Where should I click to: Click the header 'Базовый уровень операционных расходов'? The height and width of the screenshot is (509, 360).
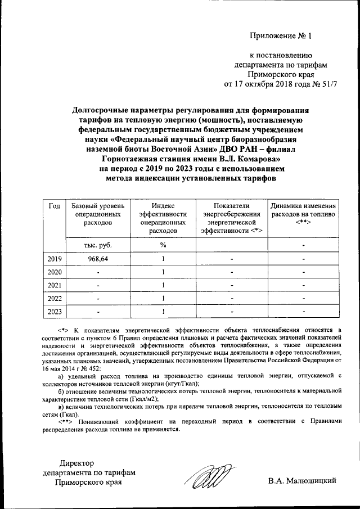tap(97, 214)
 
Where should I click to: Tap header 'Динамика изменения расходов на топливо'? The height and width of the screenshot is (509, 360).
tap(303, 214)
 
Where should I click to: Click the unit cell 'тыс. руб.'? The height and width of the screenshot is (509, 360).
tap(97, 245)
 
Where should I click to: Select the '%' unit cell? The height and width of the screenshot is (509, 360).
tap(163, 245)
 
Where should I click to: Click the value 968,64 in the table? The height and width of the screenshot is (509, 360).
tap(97, 259)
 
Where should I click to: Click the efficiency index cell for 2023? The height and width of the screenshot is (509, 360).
tap(163, 311)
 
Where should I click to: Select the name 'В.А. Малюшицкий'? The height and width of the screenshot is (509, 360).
tap(303, 481)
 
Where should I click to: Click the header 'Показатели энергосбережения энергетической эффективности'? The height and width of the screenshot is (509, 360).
tap(231, 218)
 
